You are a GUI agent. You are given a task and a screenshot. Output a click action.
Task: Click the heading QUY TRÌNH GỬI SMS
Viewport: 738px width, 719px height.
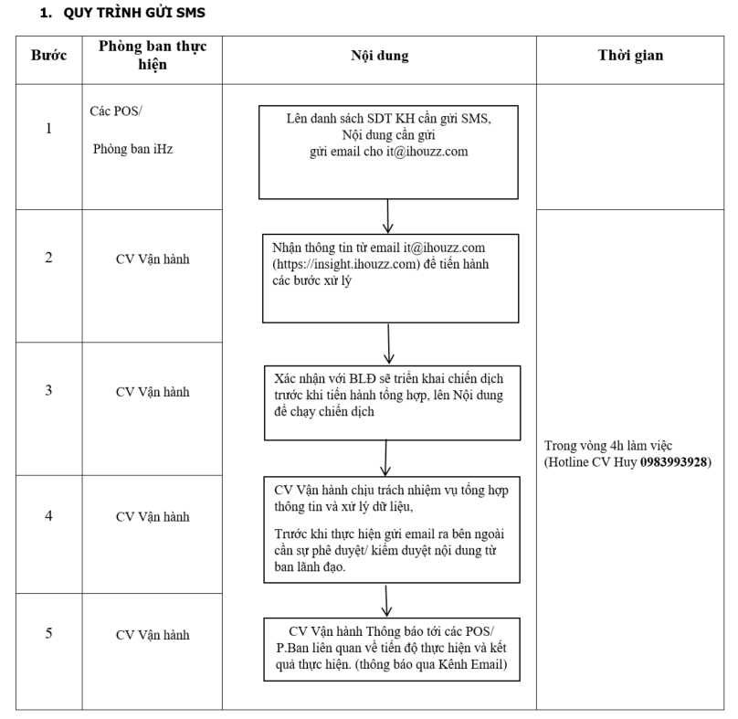134,13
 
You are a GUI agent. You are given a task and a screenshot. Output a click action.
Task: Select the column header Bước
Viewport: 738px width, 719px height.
49,55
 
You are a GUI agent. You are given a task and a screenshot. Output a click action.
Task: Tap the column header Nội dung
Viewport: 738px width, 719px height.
380,56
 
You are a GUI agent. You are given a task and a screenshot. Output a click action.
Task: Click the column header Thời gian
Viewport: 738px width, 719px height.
631,55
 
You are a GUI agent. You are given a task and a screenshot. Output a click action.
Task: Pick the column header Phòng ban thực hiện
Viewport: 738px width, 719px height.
153,55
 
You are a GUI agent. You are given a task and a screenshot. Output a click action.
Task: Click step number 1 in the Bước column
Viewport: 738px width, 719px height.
48,128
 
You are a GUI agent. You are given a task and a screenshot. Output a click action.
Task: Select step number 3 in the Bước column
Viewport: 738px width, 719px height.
48,390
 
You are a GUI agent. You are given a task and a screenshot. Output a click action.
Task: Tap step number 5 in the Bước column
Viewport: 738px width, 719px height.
48,633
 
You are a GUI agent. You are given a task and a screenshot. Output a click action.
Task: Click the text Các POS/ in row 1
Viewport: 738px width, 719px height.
116,111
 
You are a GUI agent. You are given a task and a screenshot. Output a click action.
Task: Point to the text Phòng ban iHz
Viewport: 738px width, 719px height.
132,149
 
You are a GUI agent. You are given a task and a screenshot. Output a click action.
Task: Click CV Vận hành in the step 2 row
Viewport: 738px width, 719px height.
153,259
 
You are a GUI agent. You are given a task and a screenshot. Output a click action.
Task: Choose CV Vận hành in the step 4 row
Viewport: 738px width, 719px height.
153,516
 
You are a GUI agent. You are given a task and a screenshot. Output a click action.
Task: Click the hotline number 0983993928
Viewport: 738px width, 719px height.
673,462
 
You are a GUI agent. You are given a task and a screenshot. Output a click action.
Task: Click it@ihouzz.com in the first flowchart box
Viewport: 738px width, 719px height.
427,152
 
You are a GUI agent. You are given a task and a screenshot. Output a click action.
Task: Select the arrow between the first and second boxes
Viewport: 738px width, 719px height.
388,217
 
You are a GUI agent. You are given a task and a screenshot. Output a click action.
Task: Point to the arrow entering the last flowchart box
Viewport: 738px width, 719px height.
386,601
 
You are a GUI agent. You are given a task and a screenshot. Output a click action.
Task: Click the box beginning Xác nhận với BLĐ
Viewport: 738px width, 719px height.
393,403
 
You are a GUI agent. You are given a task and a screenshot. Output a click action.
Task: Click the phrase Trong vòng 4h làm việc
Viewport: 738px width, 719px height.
608,446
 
